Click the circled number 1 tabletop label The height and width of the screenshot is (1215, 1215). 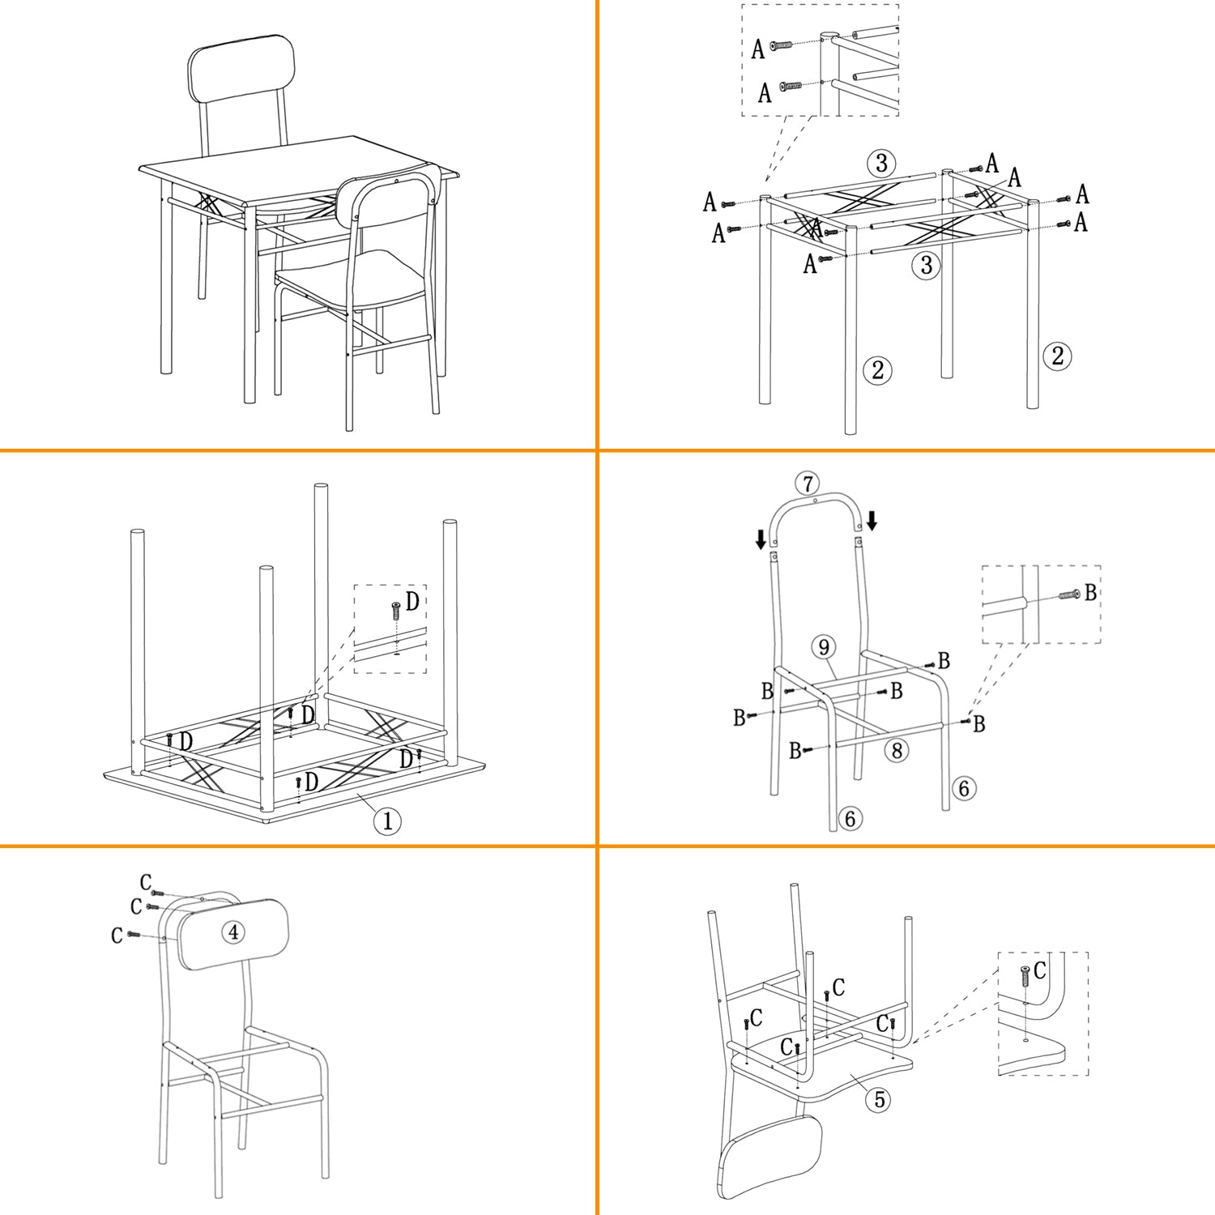(387, 821)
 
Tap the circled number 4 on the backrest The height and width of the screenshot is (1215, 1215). (233, 932)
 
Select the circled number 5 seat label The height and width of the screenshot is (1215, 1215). (880, 1099)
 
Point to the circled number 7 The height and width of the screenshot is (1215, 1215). (807, 484)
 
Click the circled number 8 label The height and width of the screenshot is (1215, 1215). (897, 751)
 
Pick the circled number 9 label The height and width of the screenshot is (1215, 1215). (824, 646)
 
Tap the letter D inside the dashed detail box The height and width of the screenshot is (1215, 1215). (413, 601)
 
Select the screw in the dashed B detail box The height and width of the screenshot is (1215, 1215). (1069, 595)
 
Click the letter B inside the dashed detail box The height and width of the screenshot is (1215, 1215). (1090, 592)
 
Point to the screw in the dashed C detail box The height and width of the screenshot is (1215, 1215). (1025, 976)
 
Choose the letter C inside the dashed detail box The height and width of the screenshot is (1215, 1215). (1040, 970)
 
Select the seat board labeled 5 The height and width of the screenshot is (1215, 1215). (822, 1069)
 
